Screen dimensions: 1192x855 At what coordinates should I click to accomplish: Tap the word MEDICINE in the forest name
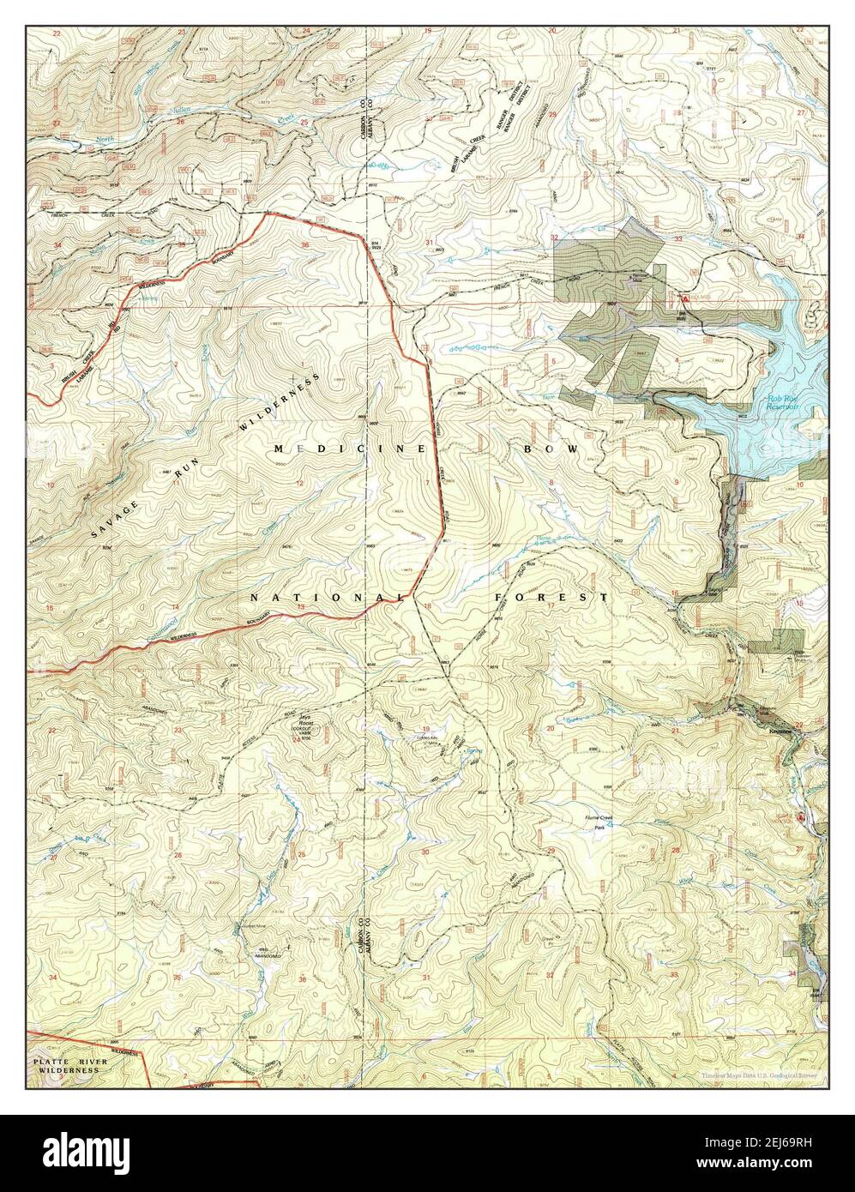pyautogui.click(x=351, y=449)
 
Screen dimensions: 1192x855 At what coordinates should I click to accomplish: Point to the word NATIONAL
pyautogui.click(x=327, y=596)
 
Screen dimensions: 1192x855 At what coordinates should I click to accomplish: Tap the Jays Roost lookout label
pyautogui.click(x=299, y=723)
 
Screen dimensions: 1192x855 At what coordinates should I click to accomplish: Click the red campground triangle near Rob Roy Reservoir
pyautogui.click(x=684, y=298)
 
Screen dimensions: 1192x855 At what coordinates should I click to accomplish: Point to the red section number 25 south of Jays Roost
pyautogui.click(x=301, y=854)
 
